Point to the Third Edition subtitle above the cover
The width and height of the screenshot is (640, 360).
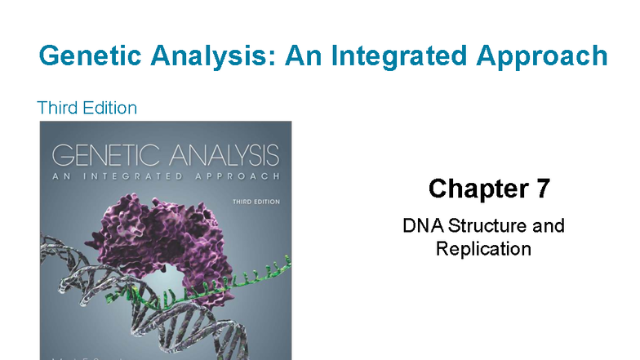tap(87, 108)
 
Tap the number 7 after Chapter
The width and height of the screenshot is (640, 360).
tap(542, 189)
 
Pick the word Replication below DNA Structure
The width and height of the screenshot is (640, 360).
tap(483, 248)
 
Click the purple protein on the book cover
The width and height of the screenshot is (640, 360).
tap(163, 245)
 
